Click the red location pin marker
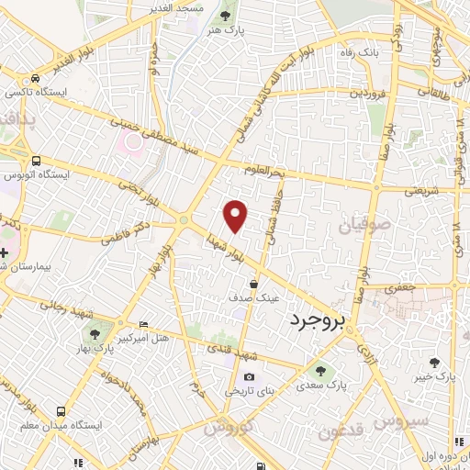(x=237, y=216)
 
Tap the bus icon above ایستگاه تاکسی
(x=33, y=79)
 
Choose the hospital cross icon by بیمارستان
(x=5, y=252)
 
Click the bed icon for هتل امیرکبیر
(x=142, y=325)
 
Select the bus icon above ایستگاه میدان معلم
(x=61, y=411)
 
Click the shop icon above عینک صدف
(x=252, y=284)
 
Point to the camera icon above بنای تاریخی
(x=249, y=377)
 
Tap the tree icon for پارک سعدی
(x=321, y=371)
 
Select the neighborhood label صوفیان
(x=369, y=224)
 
